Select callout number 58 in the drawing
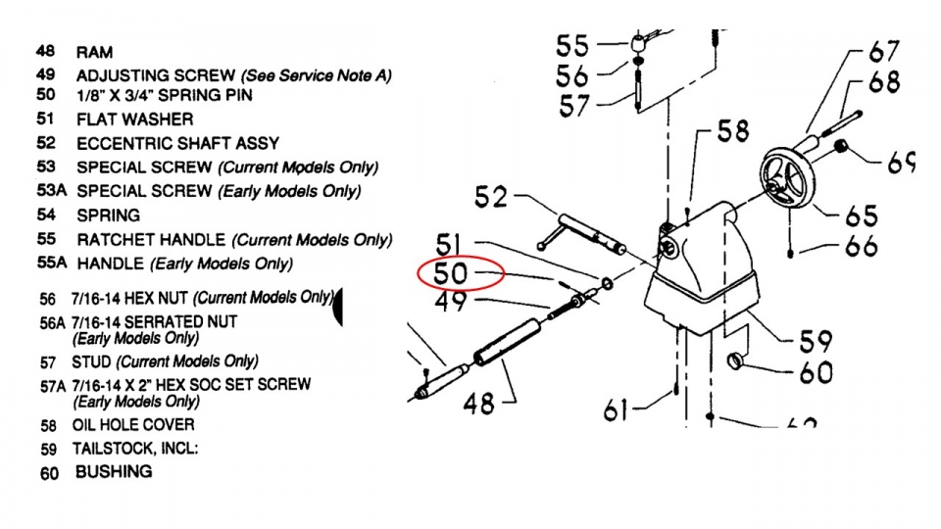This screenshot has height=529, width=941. (x=732, y=130)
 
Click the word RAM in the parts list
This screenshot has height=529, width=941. (x=95, y=52)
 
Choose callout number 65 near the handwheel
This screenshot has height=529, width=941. (x=858, y=216)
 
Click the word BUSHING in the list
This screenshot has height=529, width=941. (x=114, y=471)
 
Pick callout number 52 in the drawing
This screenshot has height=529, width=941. (x=491, y=197)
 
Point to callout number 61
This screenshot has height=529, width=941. (x=616, y=409)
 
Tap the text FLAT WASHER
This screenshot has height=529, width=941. (x=135, y=120)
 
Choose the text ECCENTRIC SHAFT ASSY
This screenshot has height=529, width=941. (x=177, y=144)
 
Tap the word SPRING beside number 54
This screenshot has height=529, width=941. (x=108, y=216)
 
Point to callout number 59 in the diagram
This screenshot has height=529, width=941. (x=814, y=340)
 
